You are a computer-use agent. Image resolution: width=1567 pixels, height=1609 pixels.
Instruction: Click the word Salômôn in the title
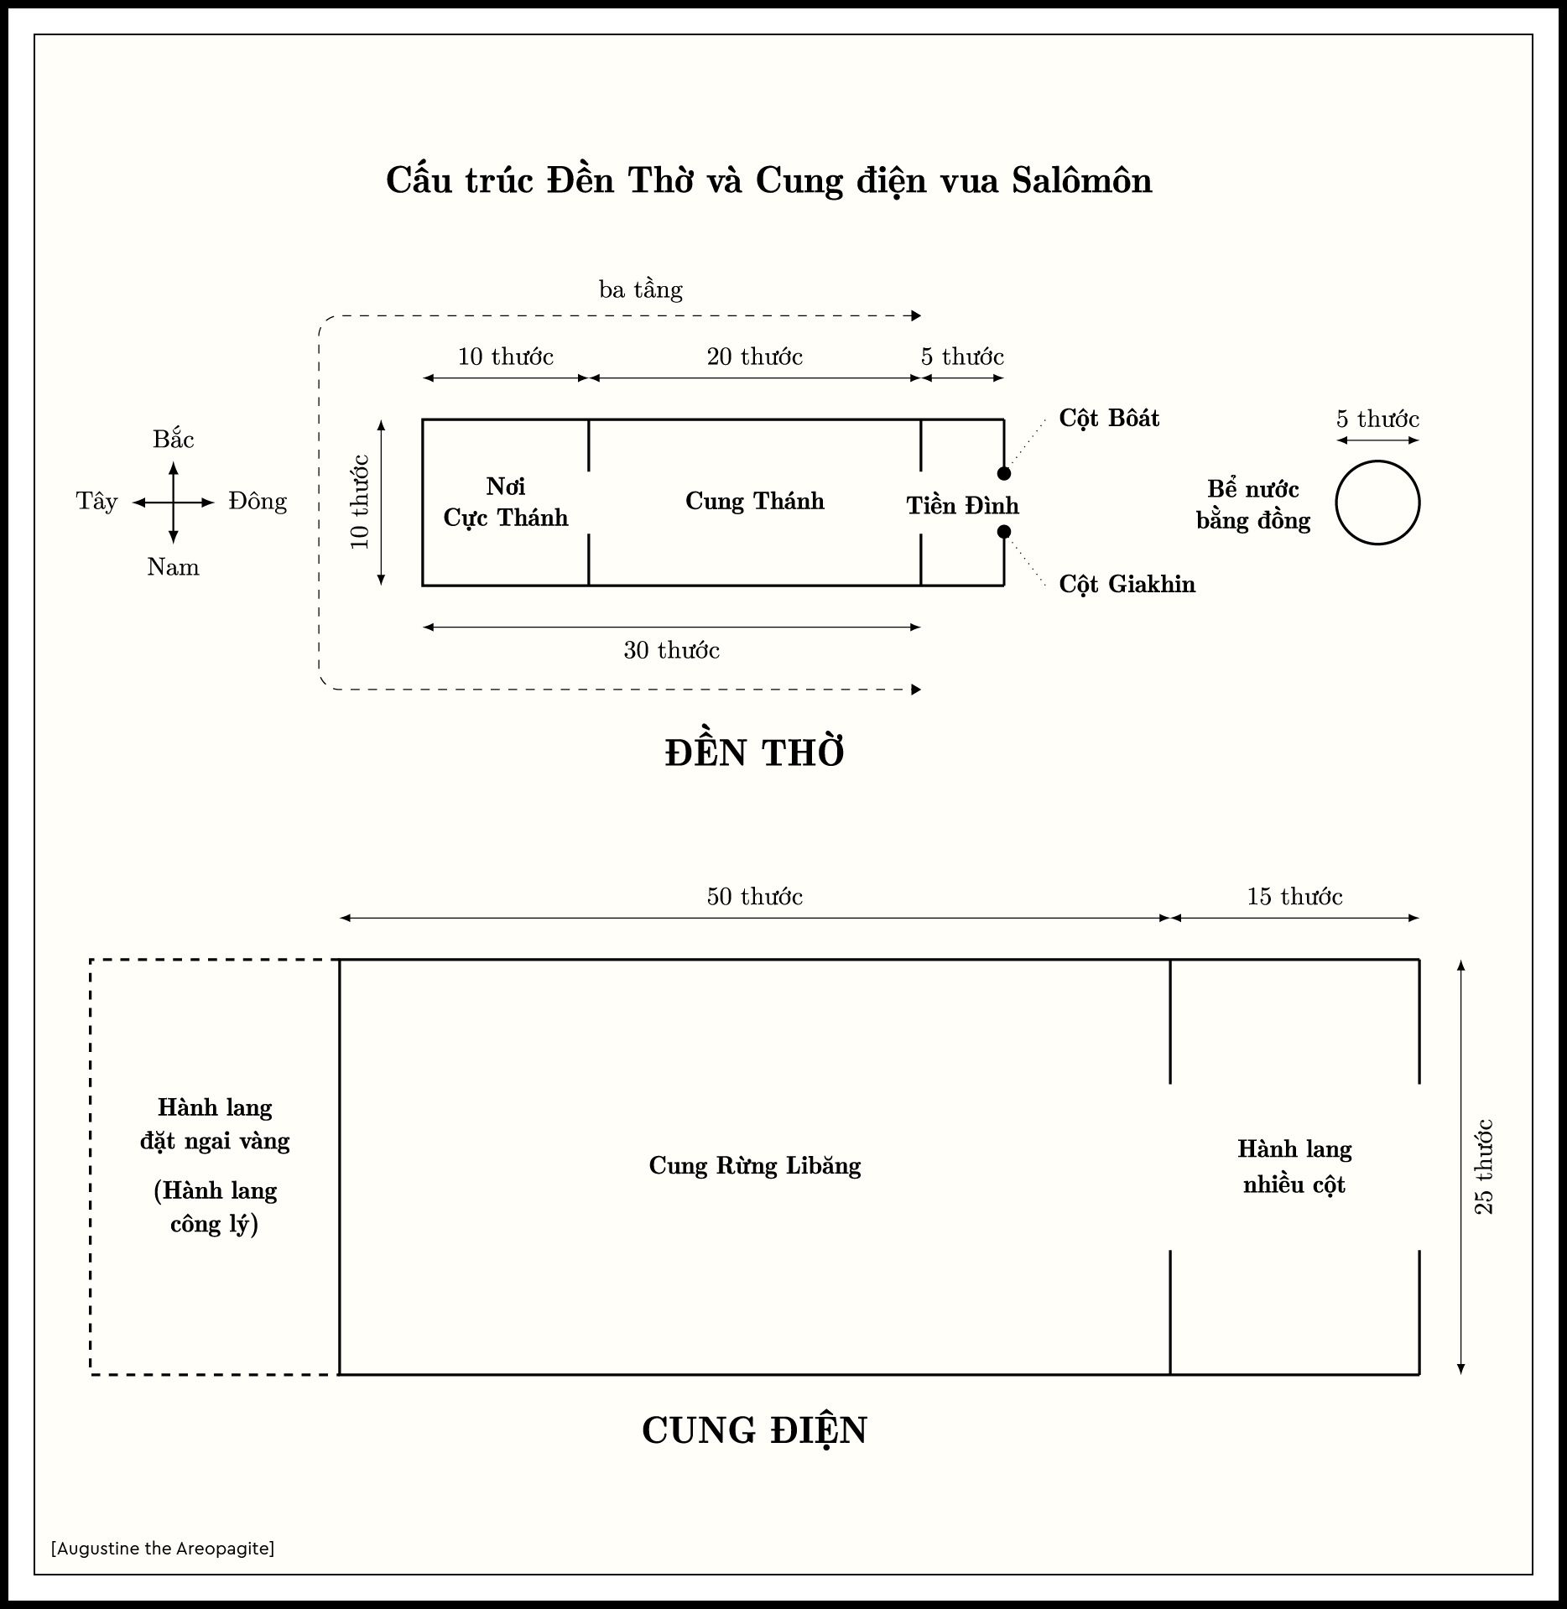coord(1081,180)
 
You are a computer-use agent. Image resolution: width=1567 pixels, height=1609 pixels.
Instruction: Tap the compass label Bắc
coord(173,440)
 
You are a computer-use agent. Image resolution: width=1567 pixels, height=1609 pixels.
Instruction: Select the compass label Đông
coord(258,502)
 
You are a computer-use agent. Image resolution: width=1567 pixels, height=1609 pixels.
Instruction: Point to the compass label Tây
coord(96,502)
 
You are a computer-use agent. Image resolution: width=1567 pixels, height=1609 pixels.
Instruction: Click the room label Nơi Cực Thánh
coord(505,502)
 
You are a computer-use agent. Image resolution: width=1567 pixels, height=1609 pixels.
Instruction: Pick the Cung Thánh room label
coord(754,501)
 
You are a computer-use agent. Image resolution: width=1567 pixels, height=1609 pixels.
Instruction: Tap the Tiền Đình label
coord(962,506)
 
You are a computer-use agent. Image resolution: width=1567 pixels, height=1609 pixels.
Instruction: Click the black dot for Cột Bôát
coord(1003,473)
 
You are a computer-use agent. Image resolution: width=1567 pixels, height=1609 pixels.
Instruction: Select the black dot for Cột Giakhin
coord(1003,532)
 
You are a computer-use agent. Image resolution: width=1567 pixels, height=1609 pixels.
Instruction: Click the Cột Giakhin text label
coord(1127,584)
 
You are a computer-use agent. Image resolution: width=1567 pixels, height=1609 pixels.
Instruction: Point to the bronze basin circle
coord(1377,502)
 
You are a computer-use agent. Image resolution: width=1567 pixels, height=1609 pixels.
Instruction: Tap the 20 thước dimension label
coord(754,357)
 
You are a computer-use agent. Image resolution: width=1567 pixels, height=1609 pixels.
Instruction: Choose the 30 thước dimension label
coord(671,651)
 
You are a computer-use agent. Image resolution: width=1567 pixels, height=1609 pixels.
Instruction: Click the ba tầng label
coord(641,290)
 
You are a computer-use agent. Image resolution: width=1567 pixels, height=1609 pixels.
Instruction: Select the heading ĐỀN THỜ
coord(754,752)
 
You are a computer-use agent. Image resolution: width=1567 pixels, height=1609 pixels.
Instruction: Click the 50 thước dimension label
coord(754,897)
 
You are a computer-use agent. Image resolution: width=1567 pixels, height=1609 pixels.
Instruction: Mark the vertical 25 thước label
coord(1484,1166)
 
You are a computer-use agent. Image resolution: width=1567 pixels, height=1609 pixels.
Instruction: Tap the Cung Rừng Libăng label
coord(754,1166)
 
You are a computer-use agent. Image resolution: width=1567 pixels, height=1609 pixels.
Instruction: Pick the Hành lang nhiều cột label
coord(1294,1167)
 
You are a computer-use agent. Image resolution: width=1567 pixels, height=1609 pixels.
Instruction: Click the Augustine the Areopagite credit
coord(163,1548)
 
